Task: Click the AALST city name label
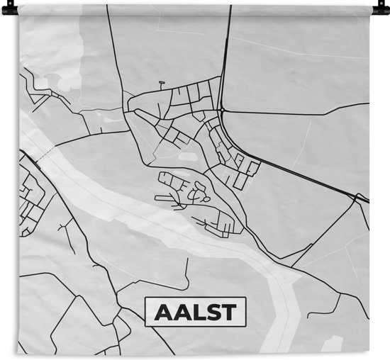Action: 195,312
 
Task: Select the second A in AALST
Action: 180,312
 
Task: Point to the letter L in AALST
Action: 196,312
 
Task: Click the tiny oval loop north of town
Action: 162,83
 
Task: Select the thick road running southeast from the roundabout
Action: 298,171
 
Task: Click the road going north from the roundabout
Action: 226,57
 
